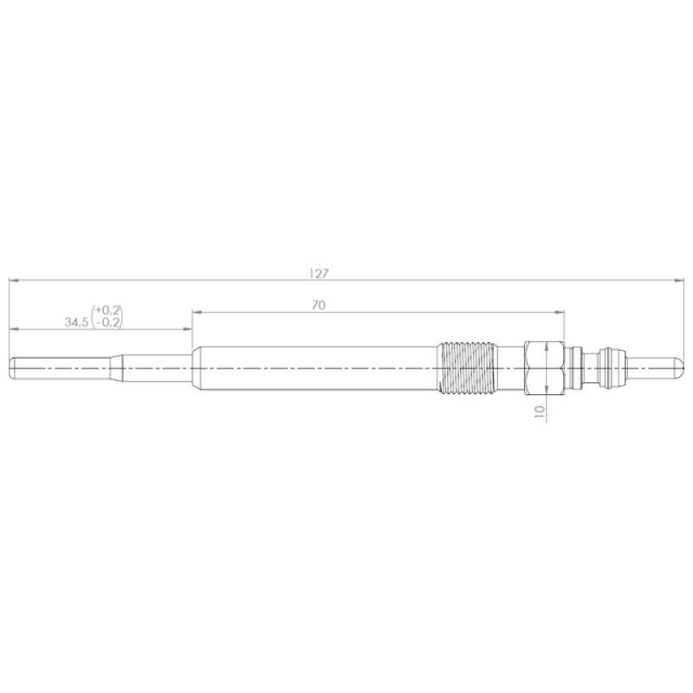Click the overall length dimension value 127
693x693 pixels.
point(319,274)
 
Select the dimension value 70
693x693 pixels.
point(319,305)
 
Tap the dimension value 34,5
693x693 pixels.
point(76,322)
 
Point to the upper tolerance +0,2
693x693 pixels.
point(107,310)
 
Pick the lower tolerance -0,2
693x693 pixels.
point(108,322)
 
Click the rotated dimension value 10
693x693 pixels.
point(540,412)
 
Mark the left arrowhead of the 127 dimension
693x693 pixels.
point(13,280)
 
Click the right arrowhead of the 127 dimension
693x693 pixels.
point(679,280)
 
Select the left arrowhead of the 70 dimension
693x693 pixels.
point(198,312)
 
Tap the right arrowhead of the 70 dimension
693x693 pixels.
point(560,312)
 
